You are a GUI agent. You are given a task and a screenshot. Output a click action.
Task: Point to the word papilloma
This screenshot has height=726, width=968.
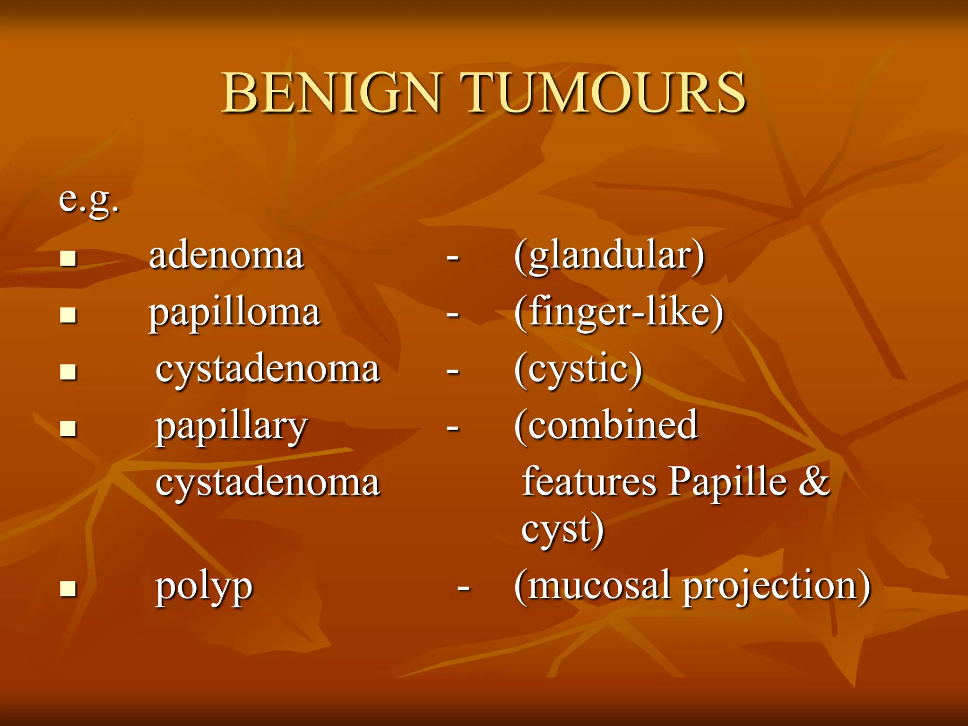234,313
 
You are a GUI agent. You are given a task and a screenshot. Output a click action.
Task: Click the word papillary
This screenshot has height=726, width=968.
232,426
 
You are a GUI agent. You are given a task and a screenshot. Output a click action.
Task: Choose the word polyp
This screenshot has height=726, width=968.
204,587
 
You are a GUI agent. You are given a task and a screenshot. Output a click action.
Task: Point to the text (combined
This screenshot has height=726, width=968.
606,425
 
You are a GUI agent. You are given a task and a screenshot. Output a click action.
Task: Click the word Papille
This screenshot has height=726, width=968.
728,482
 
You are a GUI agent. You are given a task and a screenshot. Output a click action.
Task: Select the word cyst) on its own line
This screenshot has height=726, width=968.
562,529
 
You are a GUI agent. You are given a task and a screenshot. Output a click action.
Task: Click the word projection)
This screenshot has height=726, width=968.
777,587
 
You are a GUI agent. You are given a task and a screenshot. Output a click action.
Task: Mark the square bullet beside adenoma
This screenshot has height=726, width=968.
69,258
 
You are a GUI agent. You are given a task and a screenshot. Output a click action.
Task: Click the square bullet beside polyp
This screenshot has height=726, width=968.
69,589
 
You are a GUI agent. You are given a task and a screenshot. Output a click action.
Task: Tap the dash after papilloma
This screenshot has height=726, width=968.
453,314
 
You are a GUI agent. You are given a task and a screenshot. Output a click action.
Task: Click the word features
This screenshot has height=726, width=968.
589,482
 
